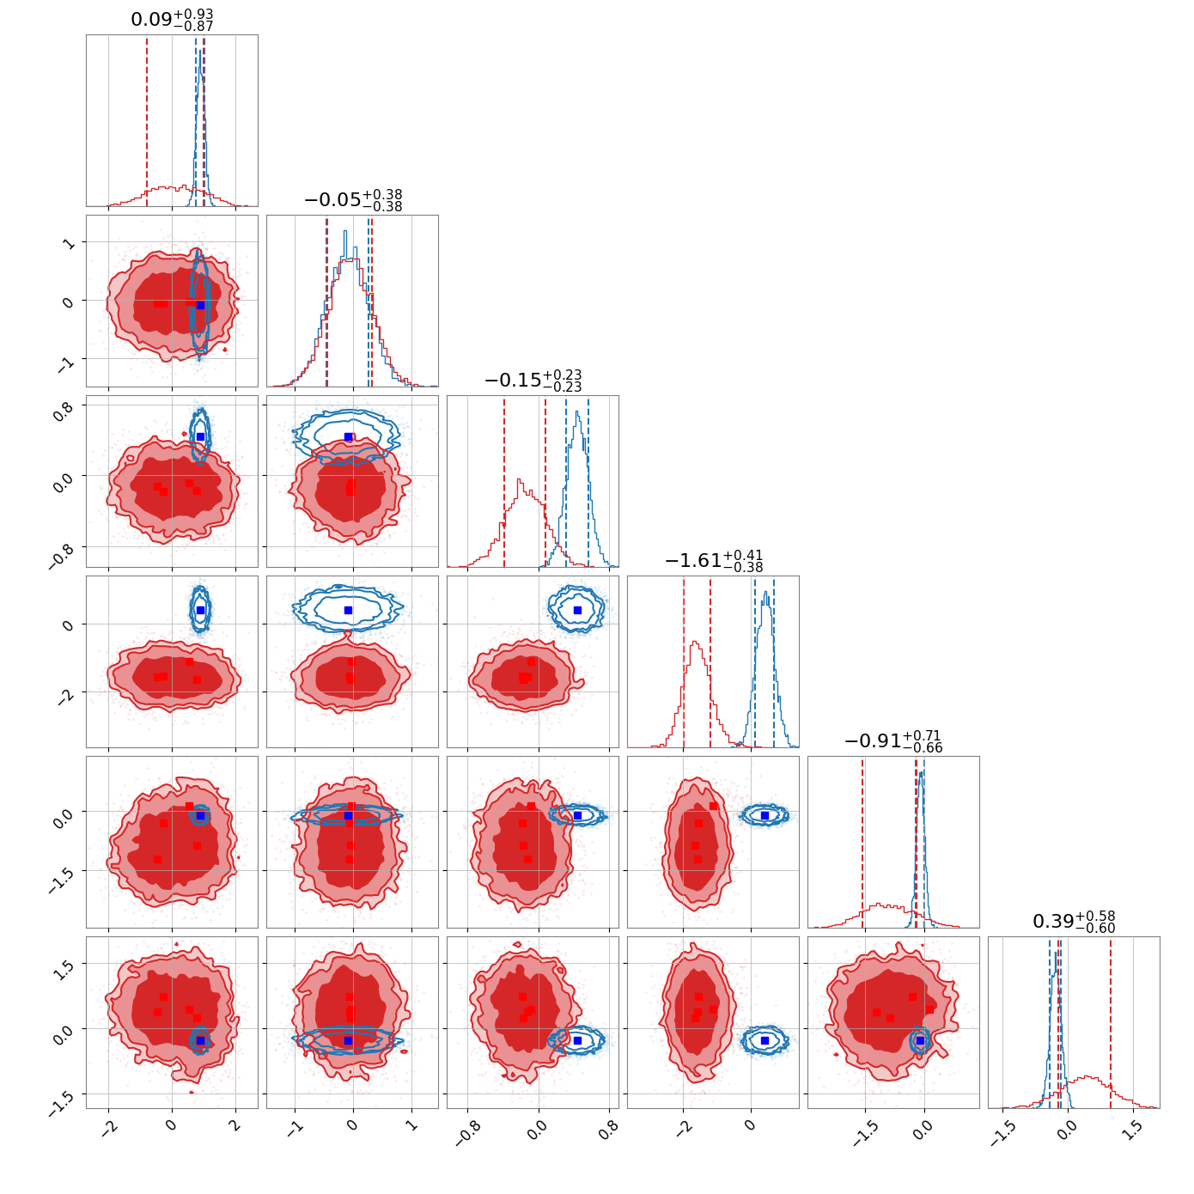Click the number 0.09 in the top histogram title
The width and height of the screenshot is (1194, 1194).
point(151,19)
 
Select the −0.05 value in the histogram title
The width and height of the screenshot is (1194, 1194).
point(332,199)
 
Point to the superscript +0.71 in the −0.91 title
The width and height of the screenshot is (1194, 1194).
point(922,735)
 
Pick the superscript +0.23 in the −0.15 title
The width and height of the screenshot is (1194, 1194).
point(562,375)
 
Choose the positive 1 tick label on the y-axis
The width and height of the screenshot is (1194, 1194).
point(69,243)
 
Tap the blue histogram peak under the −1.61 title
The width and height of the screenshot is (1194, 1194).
point(766,593)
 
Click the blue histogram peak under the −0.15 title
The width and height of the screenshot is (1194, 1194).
point(577,412)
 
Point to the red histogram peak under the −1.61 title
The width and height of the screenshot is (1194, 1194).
point(695,643)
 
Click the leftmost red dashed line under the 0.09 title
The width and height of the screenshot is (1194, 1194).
point(147,120)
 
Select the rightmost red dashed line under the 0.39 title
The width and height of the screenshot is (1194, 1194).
point(1111,1023)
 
